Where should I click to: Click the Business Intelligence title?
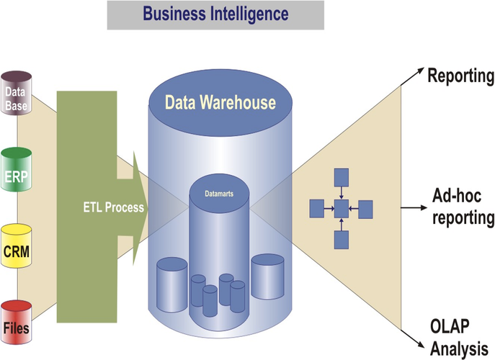click(x=215, y=14)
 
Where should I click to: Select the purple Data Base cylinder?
click(x=17, y=93)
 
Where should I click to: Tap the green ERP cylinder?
click(x=17, y=169)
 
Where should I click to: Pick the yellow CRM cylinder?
click(x=17, y=246)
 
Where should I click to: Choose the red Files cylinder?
click(x=17, y=323)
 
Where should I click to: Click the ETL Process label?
click(x=114, y=207)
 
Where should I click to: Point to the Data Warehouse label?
click(x=220, y=102)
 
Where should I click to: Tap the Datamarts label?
click(x=219, y=194)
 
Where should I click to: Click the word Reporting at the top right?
click(x=461, y=76)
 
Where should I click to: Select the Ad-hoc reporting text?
click(x=463, y=207)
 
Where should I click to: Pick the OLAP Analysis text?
click(x=459, y=338)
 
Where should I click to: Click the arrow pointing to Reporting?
click(x=413, y=76)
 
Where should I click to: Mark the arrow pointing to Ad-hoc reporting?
click(x=414, y=207)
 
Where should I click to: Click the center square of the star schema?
click(x=342, y=209)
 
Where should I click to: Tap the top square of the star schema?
click(x=342, y=177)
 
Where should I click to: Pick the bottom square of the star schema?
click(x=342, y=240)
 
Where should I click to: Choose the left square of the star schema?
click(x=316, y=209)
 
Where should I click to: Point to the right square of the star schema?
click(x=365, y=210)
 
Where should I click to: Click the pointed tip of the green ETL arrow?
click(x=148, y=208)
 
